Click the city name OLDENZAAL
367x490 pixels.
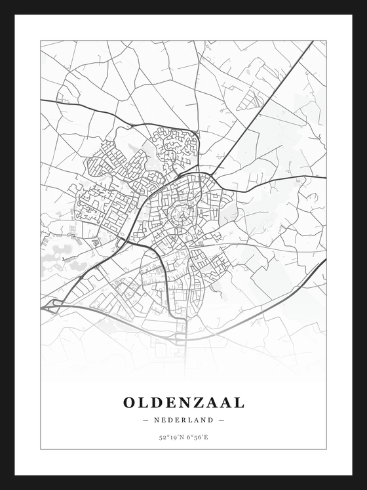[x=183, y=401]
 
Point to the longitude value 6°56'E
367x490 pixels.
[x=197, y=438]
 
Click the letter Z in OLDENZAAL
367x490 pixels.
[x=195, y=401]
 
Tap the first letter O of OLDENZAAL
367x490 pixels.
[x=130, y=401]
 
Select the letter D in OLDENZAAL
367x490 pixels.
[x=156, y=401]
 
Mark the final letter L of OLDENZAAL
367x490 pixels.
[x=238, y=401]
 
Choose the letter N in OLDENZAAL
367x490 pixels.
[x=182, y=401]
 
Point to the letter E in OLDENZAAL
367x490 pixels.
[x=168, y=401]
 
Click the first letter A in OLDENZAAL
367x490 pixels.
[x=208, y=401]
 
